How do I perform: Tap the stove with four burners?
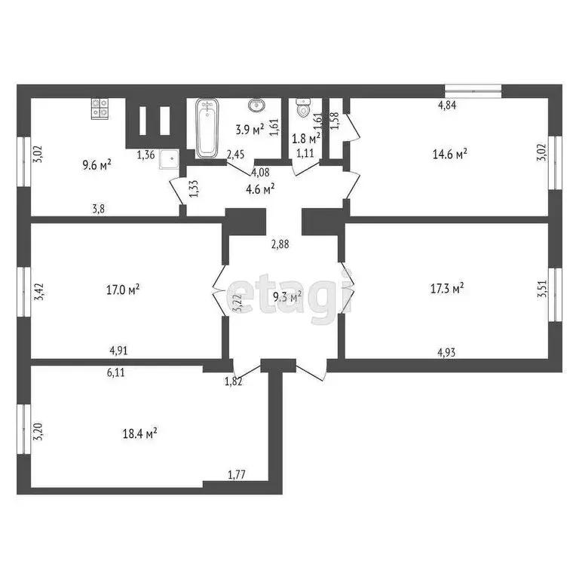coord(100,110)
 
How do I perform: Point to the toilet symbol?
coord(304,110)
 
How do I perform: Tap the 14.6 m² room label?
coord(449,153)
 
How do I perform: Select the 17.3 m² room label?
coord(446,287)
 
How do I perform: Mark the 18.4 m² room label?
coord(139,433)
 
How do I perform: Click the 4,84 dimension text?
coord(448,106)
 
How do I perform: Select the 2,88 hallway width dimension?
coord(280,244)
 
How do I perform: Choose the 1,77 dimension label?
coord(237,474)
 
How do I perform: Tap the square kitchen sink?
coord(170,158)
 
